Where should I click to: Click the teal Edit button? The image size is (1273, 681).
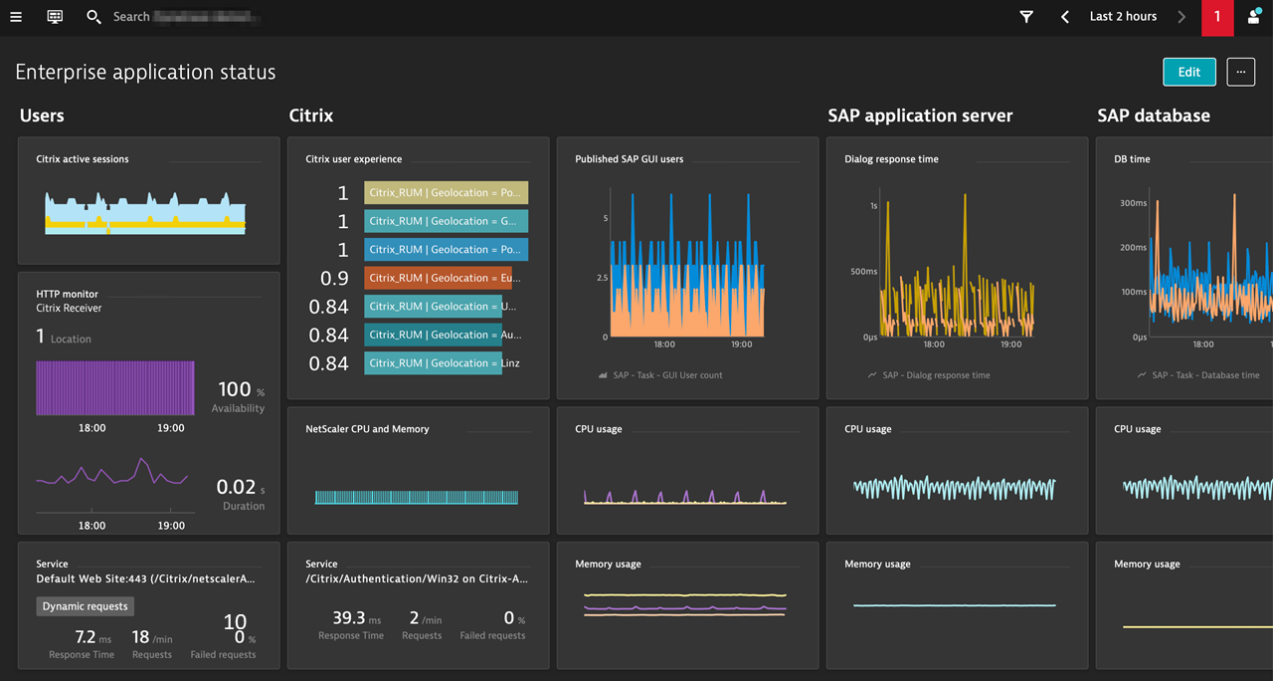pyautogui.click(x=1188, y=72)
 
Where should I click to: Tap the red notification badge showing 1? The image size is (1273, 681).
pyautogui.click(x=1216, y=17)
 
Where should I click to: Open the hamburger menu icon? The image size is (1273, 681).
pyautogui.click(x=16, y=17)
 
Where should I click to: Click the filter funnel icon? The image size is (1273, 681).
pyautogui.click(x=1026, y=17)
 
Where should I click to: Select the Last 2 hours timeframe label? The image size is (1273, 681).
pyautogui.click(x=1123, y=17)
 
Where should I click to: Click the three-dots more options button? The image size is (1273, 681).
pyautogui.click(x=1240, y=72)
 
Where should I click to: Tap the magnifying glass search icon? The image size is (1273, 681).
pyautogui.click(x=93, y=17)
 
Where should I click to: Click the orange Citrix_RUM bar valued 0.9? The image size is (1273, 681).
pyautogui.click(x=438, y=278)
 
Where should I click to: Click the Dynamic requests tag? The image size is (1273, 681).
pyautogui.click(x=85, y=606)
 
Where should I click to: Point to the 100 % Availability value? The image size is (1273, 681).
pyautogui.click(x=237, y=390)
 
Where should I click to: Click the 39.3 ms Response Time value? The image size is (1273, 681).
pyautogui.click(x=350, y=618)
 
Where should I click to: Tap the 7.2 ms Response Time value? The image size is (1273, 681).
pyautogui.click(x=87, y=637)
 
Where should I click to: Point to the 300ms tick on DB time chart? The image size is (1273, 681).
pyautogui.click(x=1133, y=203)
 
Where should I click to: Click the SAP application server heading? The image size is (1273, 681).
pyautogui.click(x=920, y=115)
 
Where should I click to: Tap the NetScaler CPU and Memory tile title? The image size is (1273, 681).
pyautogui.click(x=367, y=429)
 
